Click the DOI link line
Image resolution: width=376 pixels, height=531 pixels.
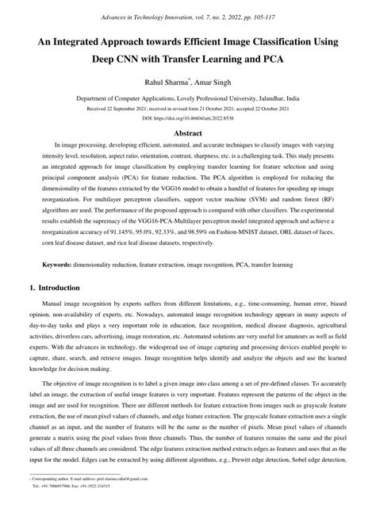[188, 117]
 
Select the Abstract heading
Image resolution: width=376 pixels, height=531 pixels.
[188, 135]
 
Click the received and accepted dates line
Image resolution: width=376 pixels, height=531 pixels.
[188, 108]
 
